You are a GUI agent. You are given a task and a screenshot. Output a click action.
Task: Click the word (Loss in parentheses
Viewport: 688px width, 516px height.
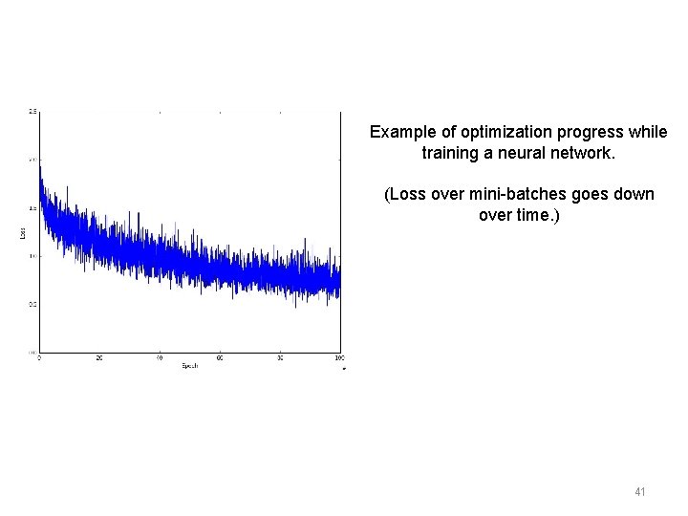coord(405,194)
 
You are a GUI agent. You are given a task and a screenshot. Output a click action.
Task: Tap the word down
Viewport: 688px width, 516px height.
coord(634,194)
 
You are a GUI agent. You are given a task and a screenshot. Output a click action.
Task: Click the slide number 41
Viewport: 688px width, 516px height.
coord(639,492)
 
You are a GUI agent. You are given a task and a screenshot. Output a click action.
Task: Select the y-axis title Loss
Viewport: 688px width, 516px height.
coord(22,231)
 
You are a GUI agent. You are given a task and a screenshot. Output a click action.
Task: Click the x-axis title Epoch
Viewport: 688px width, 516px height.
coord(188,366)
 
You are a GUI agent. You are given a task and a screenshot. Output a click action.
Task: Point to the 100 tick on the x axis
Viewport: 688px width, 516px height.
coord(338,358)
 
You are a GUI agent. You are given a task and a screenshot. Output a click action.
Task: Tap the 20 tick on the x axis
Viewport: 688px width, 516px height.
coord(98,358)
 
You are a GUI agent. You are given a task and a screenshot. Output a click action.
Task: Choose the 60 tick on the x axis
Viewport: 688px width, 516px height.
coord(219,358)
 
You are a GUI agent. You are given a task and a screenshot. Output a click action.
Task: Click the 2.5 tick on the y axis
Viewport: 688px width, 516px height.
coord(32,112)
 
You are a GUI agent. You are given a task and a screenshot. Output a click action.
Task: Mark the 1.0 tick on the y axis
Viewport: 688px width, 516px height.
coord(32,256)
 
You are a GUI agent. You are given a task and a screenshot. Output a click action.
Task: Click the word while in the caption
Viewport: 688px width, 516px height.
coord(650,132)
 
